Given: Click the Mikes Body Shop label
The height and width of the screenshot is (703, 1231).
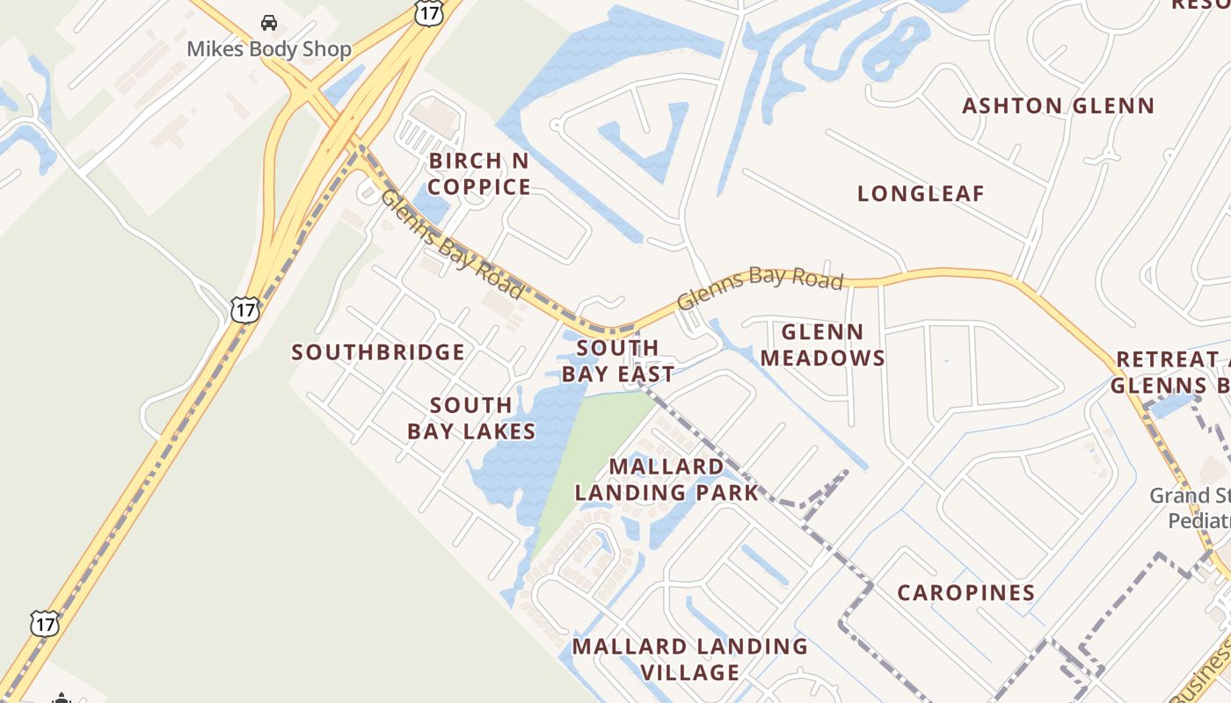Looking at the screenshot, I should [269, 49].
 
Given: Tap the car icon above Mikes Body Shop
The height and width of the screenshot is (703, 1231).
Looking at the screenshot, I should [269, 23].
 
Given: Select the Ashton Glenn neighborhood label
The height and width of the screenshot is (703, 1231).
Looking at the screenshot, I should [1058, 106].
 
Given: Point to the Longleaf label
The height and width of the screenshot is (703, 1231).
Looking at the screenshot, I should [921, 194].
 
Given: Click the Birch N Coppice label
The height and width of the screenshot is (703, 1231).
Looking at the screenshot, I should [479, 174].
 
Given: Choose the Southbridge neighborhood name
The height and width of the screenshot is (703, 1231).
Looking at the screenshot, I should [378, 352].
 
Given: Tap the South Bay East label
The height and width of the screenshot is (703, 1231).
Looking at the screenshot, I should [618, 361].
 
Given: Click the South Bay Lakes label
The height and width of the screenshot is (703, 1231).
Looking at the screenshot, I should [471, 418].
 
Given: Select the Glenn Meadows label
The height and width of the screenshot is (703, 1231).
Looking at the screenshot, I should [822, 344].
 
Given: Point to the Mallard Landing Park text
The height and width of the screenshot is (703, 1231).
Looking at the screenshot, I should [666, 479].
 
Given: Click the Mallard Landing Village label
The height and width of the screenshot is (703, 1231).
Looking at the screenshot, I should [690, 659].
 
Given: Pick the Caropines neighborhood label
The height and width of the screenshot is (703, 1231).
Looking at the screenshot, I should [966, 593].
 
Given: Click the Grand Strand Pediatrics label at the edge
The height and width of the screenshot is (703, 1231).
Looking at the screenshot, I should [1191, 508].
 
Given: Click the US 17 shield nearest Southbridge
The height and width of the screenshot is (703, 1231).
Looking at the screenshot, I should [244, 309].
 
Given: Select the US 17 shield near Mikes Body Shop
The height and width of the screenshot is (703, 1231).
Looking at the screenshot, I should [428, 11].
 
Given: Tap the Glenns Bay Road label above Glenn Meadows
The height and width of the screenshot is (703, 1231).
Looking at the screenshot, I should [761, 286].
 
